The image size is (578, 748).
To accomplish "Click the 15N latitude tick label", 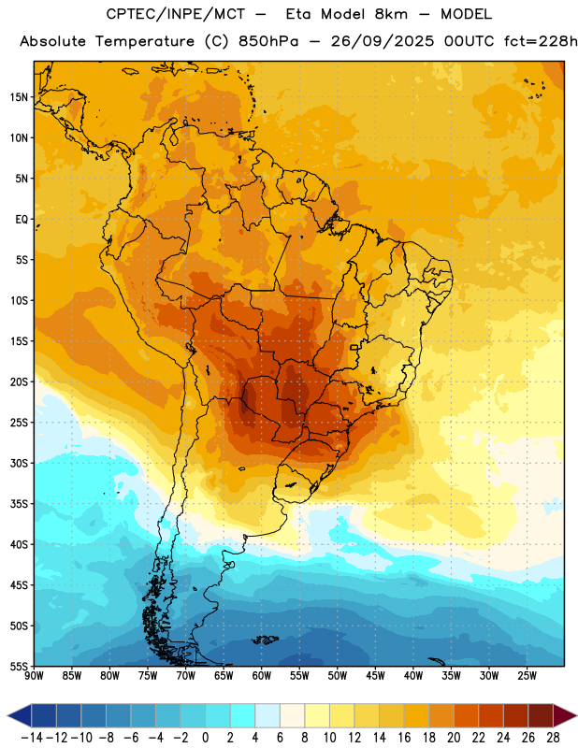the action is pyautogui.click(x=19, y=97).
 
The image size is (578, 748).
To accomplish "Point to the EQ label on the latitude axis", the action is pyautogui.click(x=22, y=220).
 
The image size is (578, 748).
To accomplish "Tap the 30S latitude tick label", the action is pyautogui.click(x=19, y=463).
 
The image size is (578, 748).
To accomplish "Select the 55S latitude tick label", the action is pyautogui.click(x=19, y=667).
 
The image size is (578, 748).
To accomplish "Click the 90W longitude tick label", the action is pyautogui.click(x=34, y=675).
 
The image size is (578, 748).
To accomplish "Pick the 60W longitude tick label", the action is pyautogui.click(x=262, y=675).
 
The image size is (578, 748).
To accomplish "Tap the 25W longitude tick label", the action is pyautogui.click(x=527, y=675).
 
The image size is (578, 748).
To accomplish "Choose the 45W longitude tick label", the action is pyautogui.click(x=375, y=675).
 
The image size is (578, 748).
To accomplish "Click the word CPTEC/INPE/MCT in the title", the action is pyautogui.click(x=175, y=14).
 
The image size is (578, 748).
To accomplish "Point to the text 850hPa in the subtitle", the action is pyautogui.click(x=268, y=41).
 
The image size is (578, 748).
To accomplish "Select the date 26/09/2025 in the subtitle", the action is pyautogui.click(x=383, y=41).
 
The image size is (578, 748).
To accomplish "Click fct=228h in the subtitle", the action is pyautogui.click(x=541, y=41).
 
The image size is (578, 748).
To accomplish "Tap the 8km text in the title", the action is pyautogui.click(x=391, y=14).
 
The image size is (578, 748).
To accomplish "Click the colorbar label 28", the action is pyautogui.click(x=553, y=738).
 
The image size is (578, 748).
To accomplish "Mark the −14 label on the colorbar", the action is pyautogui.click(x=32, y=738).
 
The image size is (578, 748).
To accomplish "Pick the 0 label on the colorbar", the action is pyautogui.click(x=205, y=738).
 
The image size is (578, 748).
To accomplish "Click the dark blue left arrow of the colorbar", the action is pyautogui.click(x=20, y=715).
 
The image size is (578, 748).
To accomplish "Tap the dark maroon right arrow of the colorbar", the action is pyautogui.click(x=565, y=715).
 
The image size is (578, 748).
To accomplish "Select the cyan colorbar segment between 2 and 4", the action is pyautogui.click(x=243, y=715).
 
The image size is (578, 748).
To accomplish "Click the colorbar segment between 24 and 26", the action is pyautogui.click(x=516, y=715).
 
